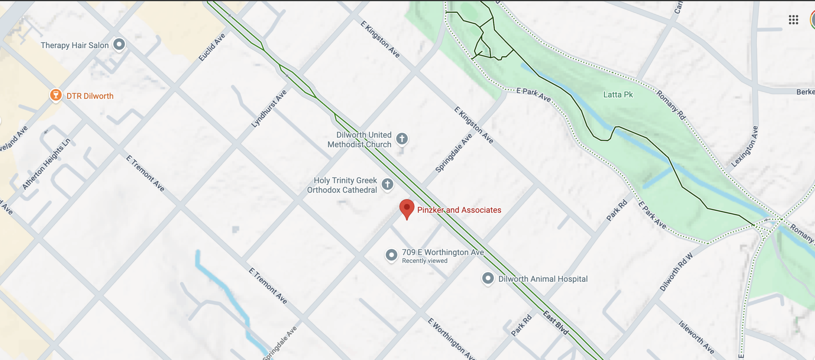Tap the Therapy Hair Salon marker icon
119,44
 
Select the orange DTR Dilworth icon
56,95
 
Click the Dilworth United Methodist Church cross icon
402,139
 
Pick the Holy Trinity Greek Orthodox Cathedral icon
387,184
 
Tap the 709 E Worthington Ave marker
391,255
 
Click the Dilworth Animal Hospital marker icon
488,279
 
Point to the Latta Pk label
618,95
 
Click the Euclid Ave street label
212,47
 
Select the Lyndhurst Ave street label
269,109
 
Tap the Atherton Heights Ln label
46,164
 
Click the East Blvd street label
556,323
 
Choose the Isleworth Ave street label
697,337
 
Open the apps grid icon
793,20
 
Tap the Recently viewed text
424,261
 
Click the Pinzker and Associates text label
459,210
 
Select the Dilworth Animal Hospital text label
543,279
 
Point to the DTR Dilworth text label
90,96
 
